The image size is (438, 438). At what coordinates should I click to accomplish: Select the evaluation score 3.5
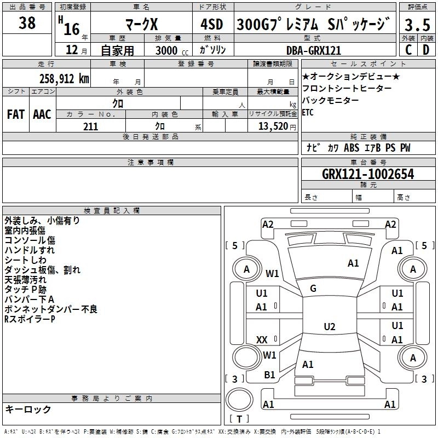pos(417,25)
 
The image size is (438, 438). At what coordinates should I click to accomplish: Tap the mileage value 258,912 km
pos(64,78)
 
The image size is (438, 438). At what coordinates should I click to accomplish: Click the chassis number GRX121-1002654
pos(368,174)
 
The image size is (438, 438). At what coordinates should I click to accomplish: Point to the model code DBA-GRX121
pos(313,50)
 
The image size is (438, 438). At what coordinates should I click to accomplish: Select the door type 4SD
pos(213,24)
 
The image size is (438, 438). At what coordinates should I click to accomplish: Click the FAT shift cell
pos(15,114)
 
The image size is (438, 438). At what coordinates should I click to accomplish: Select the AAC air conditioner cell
pos(42,114)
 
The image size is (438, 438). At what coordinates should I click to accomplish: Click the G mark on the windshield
pos(313,289)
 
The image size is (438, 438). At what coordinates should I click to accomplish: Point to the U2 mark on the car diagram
pos(329,327)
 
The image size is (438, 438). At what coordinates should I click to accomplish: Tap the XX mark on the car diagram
pos(262,340)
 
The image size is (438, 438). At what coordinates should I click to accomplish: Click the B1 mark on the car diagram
pos(269,375)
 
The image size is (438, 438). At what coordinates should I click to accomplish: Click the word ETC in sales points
pos(308,113)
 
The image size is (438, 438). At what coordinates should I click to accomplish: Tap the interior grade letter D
pos(426,50)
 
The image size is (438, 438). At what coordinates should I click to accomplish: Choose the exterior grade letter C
pos(408,50)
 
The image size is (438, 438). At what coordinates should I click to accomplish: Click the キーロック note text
pos(28,409)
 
